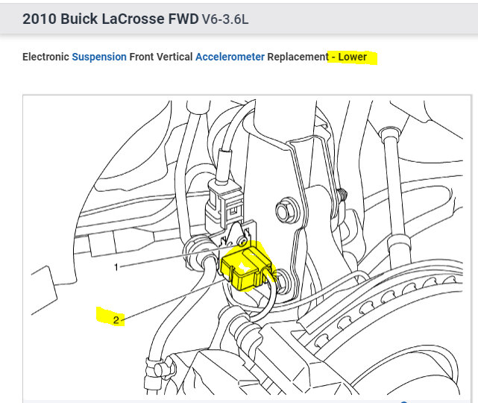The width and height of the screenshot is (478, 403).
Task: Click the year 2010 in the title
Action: point(40,19)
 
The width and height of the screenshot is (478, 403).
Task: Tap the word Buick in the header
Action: point(79,19)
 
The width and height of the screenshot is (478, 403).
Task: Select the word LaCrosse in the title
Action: point(133,19)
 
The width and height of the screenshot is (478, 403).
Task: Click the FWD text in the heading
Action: point(183,19)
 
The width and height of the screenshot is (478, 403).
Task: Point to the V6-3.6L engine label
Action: point(225,19)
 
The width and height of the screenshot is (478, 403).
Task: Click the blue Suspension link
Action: point(99,57)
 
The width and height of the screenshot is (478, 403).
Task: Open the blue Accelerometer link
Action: point(230,57)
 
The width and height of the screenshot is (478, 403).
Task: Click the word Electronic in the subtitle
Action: point(45,57)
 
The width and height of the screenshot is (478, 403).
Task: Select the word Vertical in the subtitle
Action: point(174,57)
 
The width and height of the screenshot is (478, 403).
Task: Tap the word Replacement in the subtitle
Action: point(298,57)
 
